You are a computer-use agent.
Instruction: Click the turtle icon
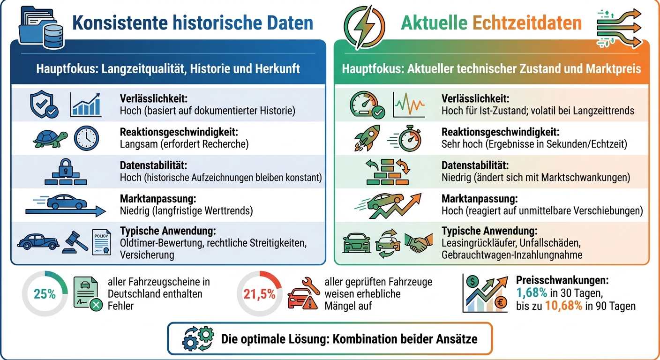point(51,138)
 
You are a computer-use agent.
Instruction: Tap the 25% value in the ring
point(45,294)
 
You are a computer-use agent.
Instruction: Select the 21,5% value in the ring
point(259,294)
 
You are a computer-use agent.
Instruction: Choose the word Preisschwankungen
point(562,281)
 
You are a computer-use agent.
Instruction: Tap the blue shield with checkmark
point(43,105)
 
